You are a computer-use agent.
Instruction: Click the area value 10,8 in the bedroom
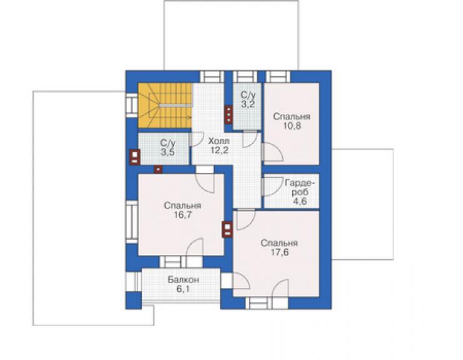pos(292,126)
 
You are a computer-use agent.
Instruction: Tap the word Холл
pos(219,141)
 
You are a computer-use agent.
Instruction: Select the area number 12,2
pos(219,150)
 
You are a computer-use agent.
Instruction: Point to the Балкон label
pos(183,279)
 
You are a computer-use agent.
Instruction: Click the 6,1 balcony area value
pos(183,289)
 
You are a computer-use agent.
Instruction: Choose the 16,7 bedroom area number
pos(183,215)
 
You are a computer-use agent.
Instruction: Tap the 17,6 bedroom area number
pos(279,252)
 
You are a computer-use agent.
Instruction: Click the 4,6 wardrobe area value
pos(300,201)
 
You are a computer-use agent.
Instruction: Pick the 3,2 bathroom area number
pos(248,104)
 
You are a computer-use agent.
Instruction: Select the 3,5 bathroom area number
pos(168,153)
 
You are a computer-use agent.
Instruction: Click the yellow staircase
pos(165,106)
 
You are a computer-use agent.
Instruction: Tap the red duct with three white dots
pos(228,114)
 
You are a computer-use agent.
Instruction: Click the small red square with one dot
pos(158,170)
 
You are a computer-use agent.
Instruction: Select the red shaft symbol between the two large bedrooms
pos(227,230)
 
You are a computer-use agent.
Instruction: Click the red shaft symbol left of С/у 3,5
pos(135,157)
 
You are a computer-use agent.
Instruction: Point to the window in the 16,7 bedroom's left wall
pos(132,222)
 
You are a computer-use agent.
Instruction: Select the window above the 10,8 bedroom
pos(278,76)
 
